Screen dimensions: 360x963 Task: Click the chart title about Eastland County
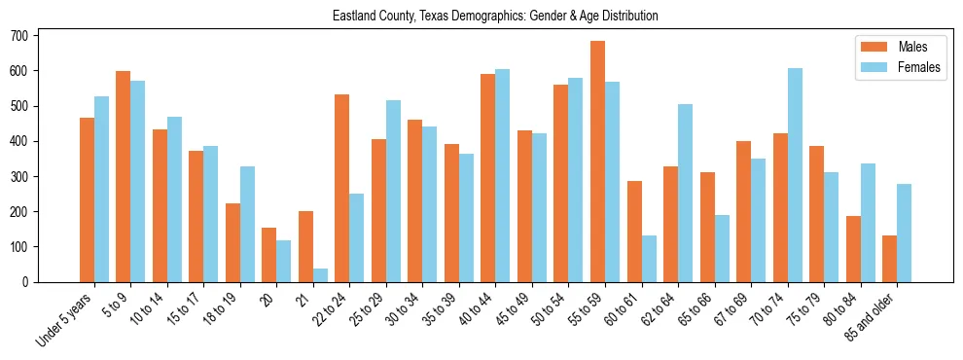(495, 17)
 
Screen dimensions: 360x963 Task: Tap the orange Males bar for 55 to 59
(597, 162)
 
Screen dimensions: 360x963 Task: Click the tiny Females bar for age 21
(320, 275)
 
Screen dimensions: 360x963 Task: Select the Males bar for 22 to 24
(342, 188)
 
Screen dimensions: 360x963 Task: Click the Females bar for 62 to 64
(685, 193)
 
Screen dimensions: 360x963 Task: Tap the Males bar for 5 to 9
(124, 176)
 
